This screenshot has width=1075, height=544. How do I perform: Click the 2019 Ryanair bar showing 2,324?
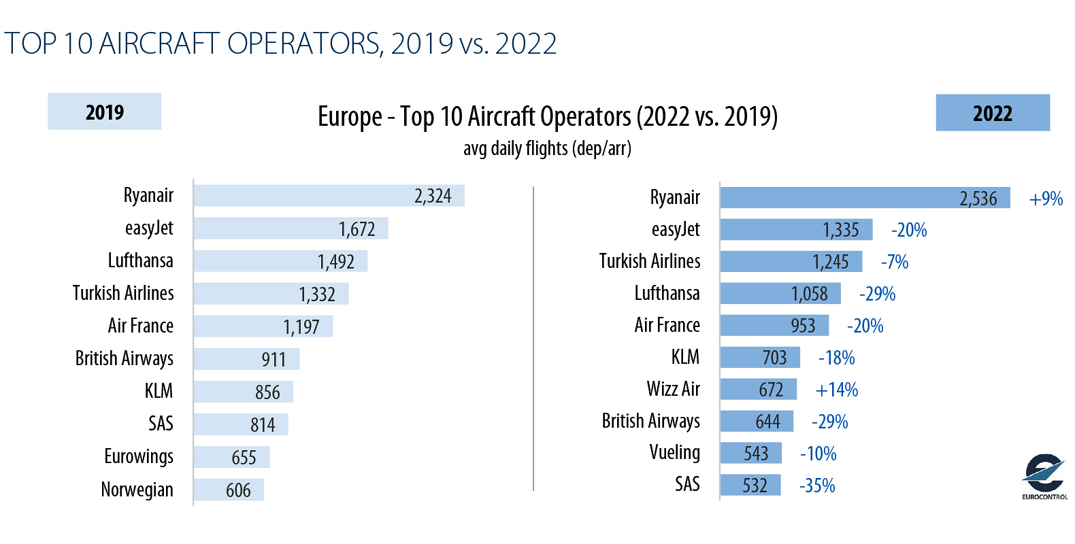point(329,196)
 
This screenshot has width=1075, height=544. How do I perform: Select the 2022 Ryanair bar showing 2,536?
point(864,198)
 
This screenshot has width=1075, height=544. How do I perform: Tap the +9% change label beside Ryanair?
point(1046,199)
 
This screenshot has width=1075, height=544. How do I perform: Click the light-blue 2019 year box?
point(104,112)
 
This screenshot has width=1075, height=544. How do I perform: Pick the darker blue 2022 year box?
point(993,113)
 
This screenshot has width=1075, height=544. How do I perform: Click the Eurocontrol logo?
point(1044,476)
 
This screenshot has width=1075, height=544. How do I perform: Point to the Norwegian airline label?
point(137,490)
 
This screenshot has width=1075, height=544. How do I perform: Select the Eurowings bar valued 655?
point(231,457)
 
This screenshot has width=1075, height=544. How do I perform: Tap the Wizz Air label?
point(673,389)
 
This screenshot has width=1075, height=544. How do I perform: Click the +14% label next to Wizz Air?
point(837,390)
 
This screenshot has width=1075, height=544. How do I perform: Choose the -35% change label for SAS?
point(817,486)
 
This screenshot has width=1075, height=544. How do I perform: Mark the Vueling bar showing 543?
point(750,453)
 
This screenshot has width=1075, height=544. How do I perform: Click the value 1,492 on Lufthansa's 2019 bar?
point(336,262)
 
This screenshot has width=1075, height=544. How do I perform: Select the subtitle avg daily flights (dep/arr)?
point(547,148)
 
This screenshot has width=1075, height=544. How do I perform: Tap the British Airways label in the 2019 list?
point(125,358)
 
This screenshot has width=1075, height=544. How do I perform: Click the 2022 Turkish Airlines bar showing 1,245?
point(791,262)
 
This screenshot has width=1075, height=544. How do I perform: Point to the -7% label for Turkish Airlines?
point(895,262)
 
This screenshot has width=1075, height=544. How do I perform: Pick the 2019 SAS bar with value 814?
point(241,424)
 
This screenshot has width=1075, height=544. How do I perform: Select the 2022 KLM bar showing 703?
point(760,358)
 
